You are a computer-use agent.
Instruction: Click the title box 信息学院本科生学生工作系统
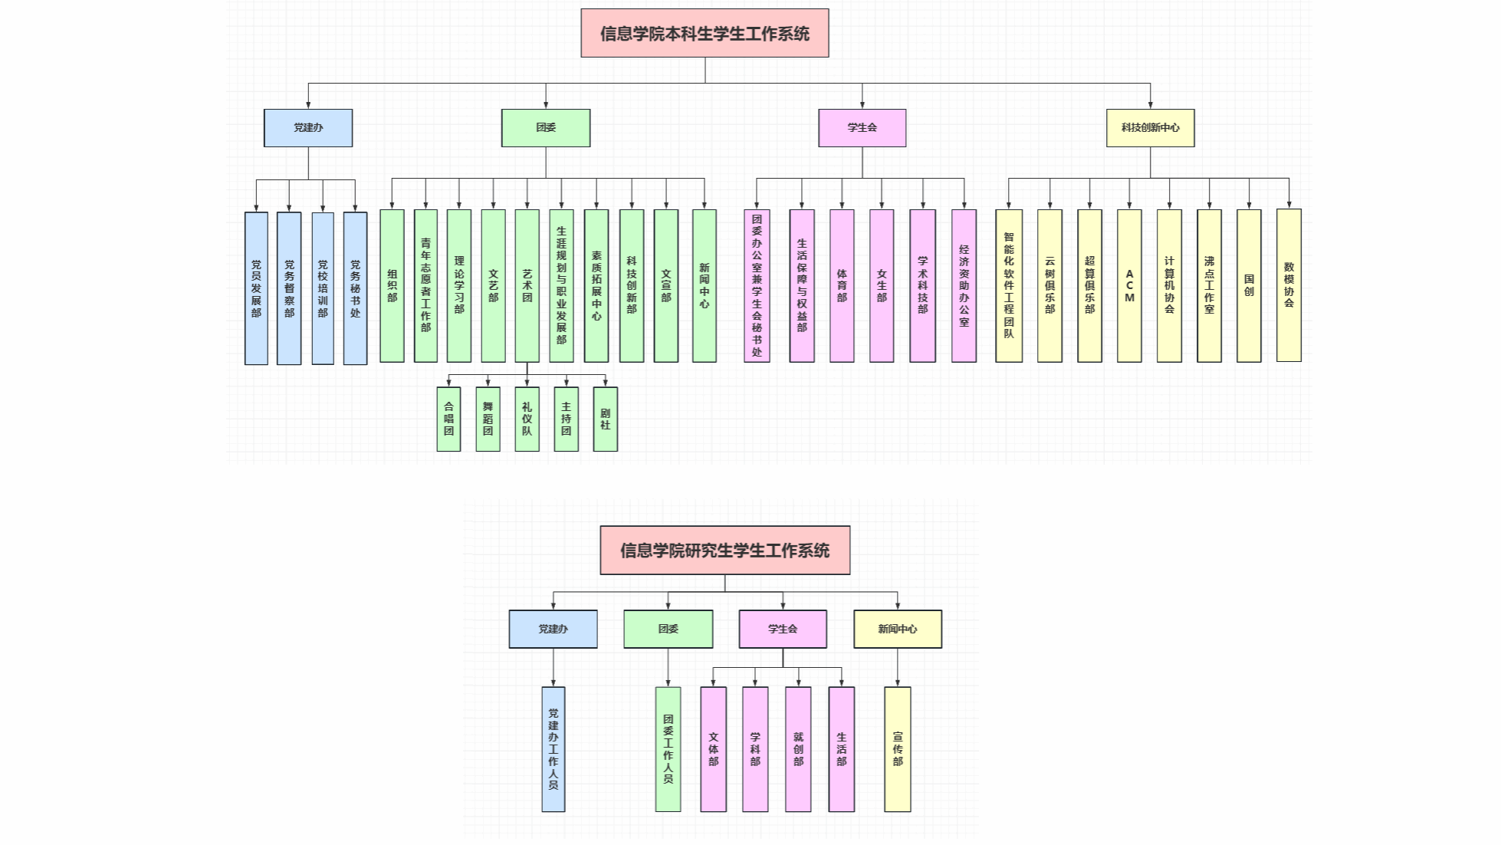tap(705, 33)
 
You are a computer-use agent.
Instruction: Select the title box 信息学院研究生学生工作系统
tap(724, 550)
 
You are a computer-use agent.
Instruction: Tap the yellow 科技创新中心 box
tap(1150, 127)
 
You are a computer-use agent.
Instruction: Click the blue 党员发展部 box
tap(256, 288)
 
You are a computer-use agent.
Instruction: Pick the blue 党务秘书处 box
tap(355, 288)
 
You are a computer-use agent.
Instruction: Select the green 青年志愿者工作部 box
tap(425, 285)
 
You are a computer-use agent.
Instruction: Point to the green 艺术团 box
tap(527, 285)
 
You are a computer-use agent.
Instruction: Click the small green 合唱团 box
tap(448, 419)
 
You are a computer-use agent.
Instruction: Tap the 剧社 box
tap(605, 419)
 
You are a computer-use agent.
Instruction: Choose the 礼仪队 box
tap(527, 419)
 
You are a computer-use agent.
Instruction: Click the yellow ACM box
tap(1129, 285)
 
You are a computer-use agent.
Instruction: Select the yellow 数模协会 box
tap(1289, 285)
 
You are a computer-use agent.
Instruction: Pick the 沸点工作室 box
tap(1209, 285)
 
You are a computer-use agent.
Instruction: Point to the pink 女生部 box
tap(882, 285)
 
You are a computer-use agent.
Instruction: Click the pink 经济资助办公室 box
tap(964, 285)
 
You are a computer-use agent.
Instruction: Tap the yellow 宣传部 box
tap(898, 749)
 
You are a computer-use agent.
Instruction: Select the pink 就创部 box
tap(798, 749)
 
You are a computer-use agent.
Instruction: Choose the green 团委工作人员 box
tap(668, 749)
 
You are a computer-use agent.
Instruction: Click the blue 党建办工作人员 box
tap(553, 749)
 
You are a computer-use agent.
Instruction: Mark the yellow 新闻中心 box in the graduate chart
tap(898, 629)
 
